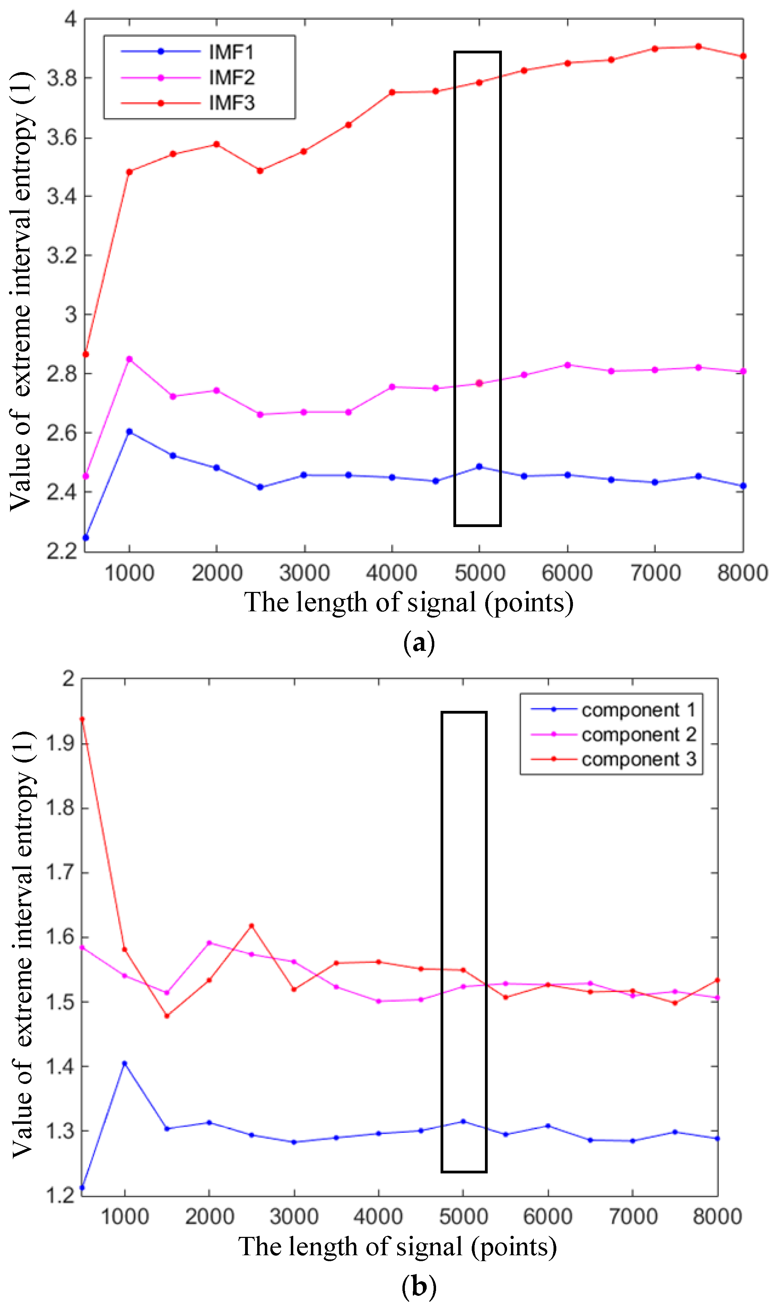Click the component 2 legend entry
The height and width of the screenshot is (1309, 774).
(638, 734)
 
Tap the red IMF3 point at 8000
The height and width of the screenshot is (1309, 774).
(743, 56)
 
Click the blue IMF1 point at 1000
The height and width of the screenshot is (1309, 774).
(129, 432)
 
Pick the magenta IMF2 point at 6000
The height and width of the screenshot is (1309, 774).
(567, 365)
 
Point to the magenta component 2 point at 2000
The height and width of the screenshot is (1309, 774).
(209, 943)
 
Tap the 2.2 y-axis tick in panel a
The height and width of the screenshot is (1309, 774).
(62, 551)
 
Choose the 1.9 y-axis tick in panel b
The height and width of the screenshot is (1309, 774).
(61, 743)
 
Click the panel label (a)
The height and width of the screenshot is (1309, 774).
(419, 643)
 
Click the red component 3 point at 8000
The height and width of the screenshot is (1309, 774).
(718, 980)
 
